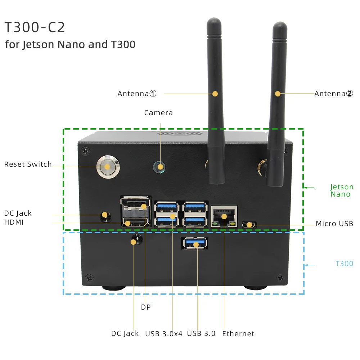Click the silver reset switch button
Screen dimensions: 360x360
click(108, 166)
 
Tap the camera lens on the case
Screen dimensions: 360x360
click(159, 167)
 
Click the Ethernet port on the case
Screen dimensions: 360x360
click(224, 216)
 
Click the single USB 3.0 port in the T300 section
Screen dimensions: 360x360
click(196, 244)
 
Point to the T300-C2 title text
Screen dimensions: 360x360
click(35, 28)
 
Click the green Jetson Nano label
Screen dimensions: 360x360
click(342, 190)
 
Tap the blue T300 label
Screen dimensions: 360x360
click(344, 264)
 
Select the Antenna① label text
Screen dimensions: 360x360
click(137, 94)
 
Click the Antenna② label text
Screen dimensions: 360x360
click(334, 94)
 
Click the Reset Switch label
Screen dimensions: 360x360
click(28, 164)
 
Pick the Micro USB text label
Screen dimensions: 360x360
click(334, 224)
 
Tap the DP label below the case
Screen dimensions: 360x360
click(145, 307)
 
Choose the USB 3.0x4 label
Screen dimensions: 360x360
click(164, 333)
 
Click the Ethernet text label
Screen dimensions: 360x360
click(238, 334)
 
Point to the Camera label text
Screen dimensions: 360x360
click(158, 113)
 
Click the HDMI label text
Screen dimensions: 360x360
click(14, 222)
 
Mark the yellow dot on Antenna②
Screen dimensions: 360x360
click(278, 94)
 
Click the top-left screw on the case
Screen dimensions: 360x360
click(85, 149)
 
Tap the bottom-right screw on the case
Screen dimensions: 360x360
click(280, 277)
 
